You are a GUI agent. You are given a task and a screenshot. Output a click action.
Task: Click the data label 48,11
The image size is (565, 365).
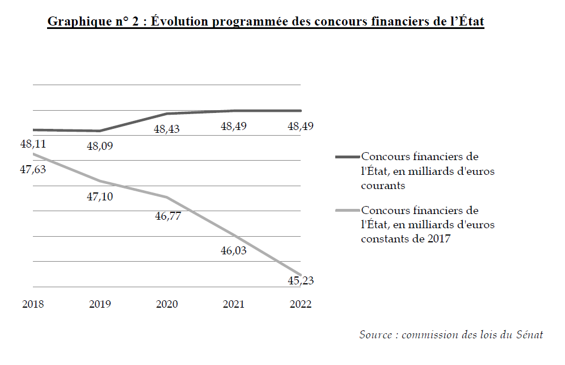click(x=33, y=144)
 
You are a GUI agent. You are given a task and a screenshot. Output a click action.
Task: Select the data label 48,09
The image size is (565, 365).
click(x=100, y=146)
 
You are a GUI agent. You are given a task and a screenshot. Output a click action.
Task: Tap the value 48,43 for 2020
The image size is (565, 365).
click(x=167, y=129)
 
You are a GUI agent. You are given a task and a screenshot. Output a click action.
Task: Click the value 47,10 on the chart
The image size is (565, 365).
click(x=100, y=196)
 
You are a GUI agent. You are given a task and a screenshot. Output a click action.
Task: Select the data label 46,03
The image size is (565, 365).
click(x=233, y=250)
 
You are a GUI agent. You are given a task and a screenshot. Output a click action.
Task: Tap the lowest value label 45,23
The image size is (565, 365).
click(x=301, y=280)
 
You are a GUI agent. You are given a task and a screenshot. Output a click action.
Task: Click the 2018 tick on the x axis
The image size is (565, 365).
click(x=33, y=304)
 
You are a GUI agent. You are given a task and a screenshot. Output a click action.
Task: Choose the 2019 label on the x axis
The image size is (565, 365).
click(x=100, y=304)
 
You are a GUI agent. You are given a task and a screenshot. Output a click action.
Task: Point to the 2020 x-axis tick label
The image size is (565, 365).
click(x=167, y=304)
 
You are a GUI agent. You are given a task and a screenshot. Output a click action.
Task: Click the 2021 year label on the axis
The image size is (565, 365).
click(x=233, y=304)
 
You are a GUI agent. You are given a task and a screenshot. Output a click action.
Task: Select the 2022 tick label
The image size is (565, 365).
click(x=301, y=304)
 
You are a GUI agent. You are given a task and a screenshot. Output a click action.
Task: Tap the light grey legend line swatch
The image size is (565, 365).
click(x=347, y=211)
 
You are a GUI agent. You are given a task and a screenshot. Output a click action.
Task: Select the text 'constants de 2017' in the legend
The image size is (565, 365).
click(x=406, y=239)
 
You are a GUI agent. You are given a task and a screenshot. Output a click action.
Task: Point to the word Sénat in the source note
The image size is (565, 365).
click(x=529, y=335)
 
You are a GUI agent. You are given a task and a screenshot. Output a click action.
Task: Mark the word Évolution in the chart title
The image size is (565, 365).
click(x=180, y=22)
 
